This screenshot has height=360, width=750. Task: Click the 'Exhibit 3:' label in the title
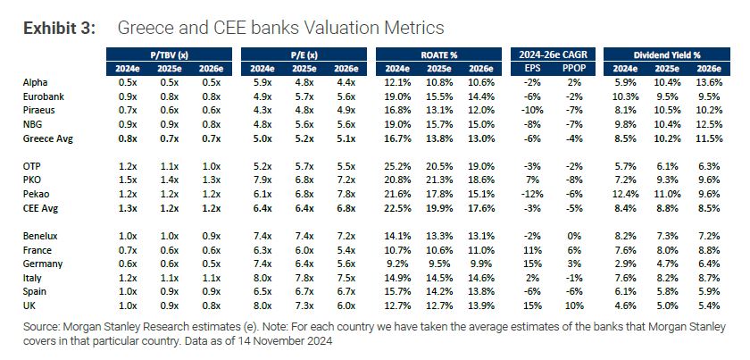(x=59, y=29)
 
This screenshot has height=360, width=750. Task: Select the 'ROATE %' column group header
(x=442, y=55)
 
